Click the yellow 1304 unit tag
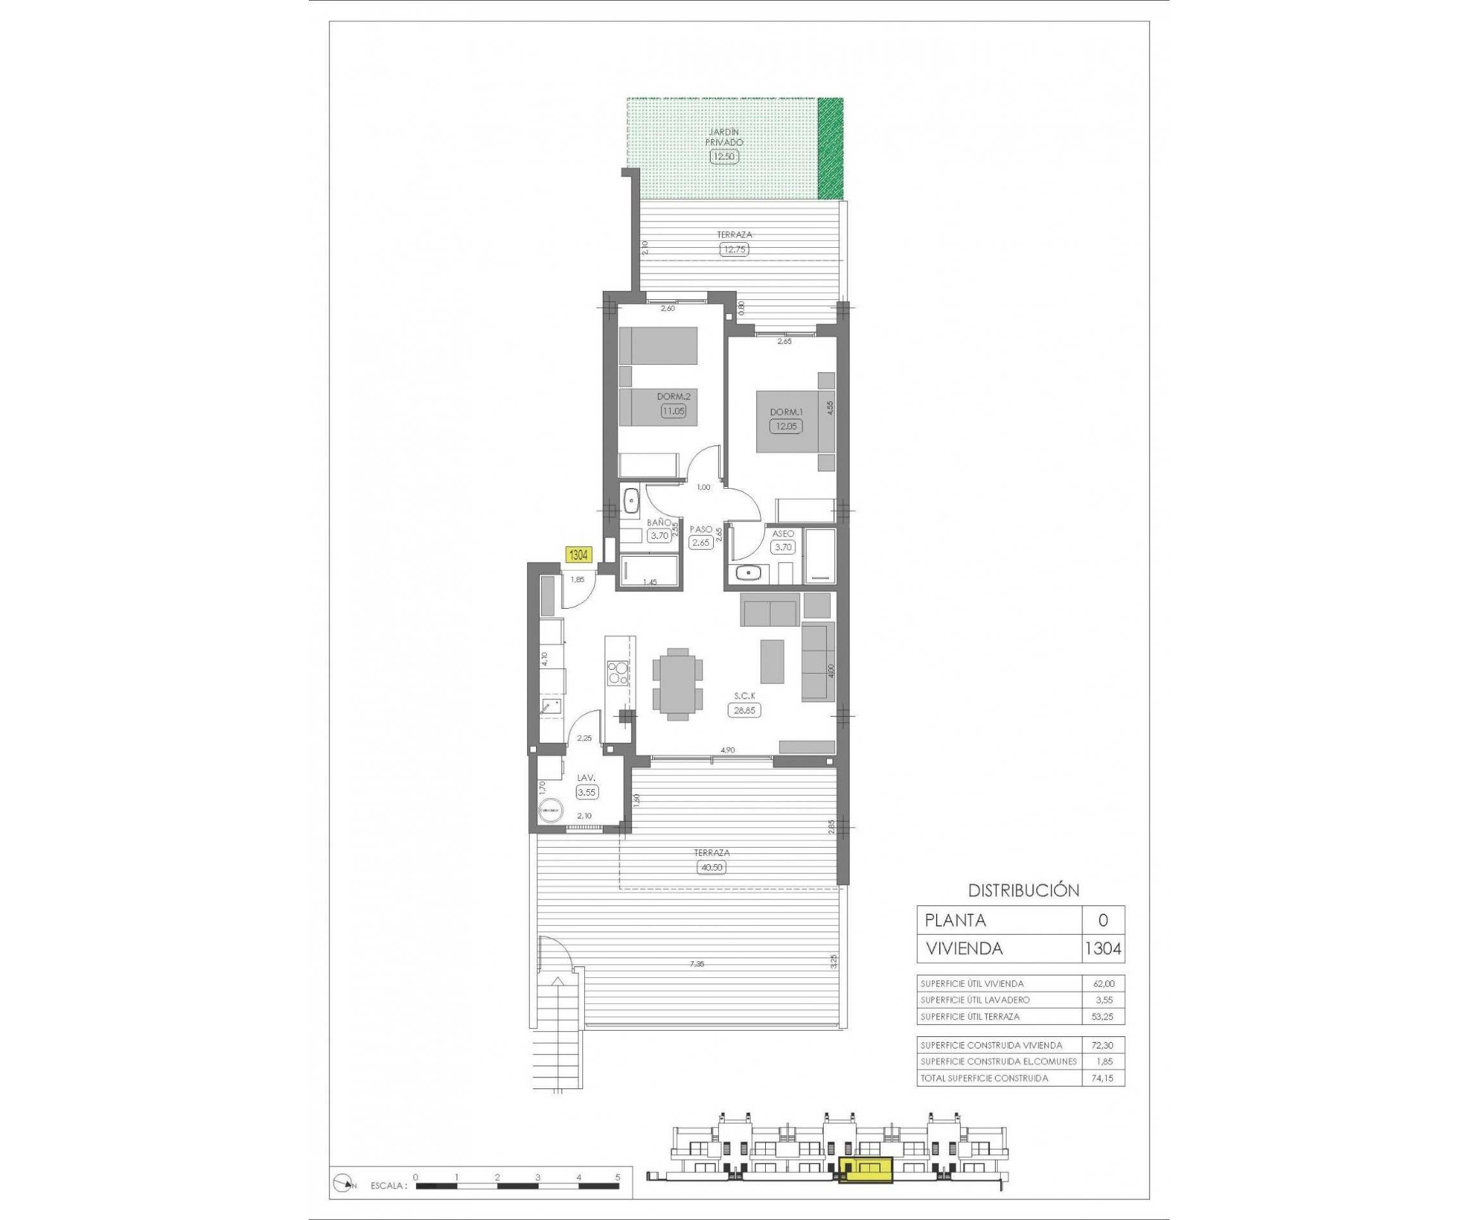pos(578,555)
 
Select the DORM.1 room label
pos(785,412)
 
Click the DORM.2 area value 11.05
pos(672,412)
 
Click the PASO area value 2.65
pos(700,543)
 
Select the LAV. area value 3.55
pos(587,792)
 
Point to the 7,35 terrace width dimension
pos(696,964)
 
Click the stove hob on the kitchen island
pos(126,672)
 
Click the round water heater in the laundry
pos(549,810)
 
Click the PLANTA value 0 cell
pos(1102,920)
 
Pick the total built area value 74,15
pos(1102,1078)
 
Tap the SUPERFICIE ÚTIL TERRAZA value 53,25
pos(1102,1016)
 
